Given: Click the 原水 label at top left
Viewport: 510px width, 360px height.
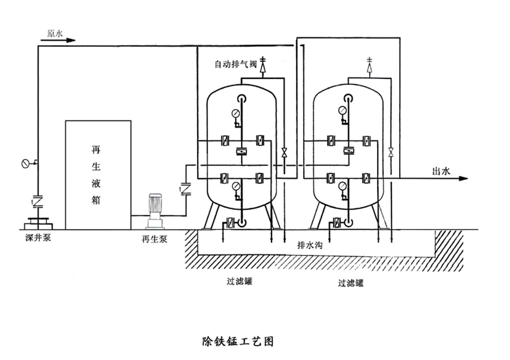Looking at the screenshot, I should pyautogui.click(x=55, y=33).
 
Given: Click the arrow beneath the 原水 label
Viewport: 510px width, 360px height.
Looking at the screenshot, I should pyautogui.click(x=58, y=41).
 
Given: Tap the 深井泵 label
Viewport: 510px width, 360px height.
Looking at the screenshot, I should pyautogui.click(x=38, y=237).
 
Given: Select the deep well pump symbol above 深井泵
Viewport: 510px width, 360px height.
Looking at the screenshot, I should pyautogui.click(x=38, y=223).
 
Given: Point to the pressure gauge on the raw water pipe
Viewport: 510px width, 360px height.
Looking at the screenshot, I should pyautogui.click(x=26, y=163).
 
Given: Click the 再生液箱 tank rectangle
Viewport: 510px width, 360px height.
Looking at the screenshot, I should pyautogui.click(x=98, y=174).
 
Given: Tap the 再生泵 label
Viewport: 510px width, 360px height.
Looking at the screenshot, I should pyautogui.click(x=154, y=239).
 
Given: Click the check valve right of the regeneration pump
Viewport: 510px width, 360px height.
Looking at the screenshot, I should pyautogui.click(x=186, y=189).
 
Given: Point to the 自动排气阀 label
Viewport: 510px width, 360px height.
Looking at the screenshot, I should pyautogui.click(x=235, y=65).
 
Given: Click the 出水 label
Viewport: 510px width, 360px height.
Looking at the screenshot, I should pyautogui.click(x=441, y=171).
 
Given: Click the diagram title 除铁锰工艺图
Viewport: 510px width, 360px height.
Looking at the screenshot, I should pyautogui.click(x=238, y=342).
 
